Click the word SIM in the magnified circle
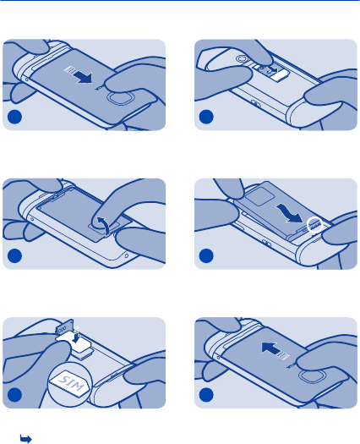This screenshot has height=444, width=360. tap(69, 382)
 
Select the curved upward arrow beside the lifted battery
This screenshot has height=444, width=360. tap(103, 225)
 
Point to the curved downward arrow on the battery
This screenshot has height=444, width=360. tap(290, 214)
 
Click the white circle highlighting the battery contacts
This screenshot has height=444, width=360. tap(315, 225)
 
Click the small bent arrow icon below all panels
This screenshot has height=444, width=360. tap(25, 439)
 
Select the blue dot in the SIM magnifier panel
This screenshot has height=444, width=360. tap(14, 395)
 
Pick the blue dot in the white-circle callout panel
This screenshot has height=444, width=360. tap(206, 255)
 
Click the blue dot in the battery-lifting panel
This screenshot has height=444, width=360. tap(14, 255)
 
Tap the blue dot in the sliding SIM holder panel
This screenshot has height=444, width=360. tap(206, 117)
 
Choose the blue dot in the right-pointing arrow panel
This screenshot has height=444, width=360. tap(14, 117)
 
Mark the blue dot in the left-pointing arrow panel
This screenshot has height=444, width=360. tap(206, 395)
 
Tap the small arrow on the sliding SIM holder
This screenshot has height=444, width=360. tap(274, 69)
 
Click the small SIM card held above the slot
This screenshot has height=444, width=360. tap(65, 326)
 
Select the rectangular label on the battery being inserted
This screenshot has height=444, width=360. tap(260, 195)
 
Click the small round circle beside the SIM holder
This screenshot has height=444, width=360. tap(241, 59)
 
